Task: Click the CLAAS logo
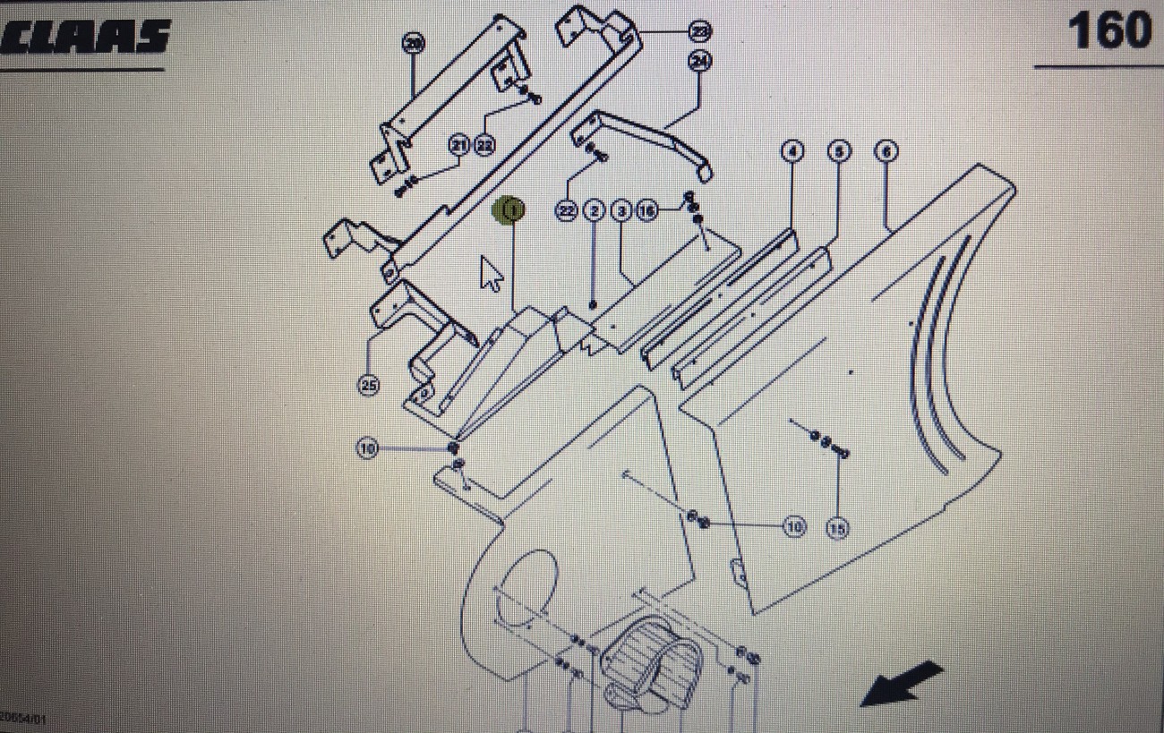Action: click(x=85, y=36)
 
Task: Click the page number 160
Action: click(x=1108, y=31)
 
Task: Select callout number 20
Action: click(x=413, y=43)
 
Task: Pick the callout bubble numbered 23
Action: click(x=700, y=31)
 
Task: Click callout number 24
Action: click(x=700, y=61)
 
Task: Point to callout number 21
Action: click(x=459, y=145)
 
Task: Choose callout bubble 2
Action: click(x=594, y=211)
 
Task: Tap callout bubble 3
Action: click(x=621, y=211)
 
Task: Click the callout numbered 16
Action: click(x=646, y=211)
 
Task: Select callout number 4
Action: click(x=792, y=151)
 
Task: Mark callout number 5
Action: click(x=838, y=151)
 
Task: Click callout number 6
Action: click(x=886, y=151)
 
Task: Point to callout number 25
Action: click(x=368, y=385)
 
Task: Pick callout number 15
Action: click(x=838, y=529)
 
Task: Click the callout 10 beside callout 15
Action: click(x=794, y=526)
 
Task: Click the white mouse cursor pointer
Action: click(x=491, y=273)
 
